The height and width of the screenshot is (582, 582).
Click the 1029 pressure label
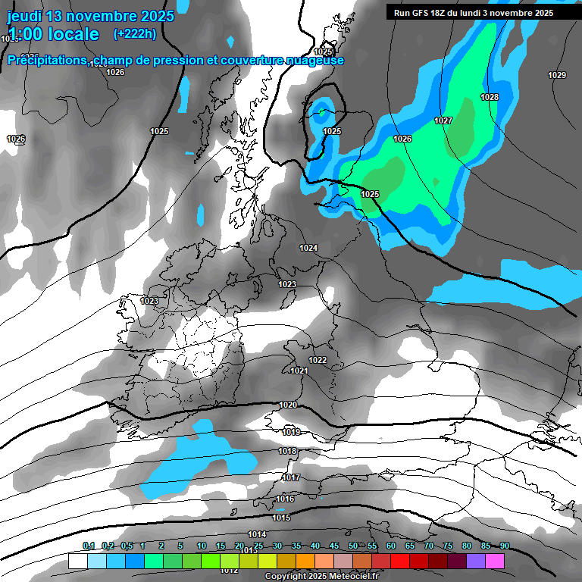557,75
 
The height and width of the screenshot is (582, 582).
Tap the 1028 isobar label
490,97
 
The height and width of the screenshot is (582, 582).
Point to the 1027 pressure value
443,121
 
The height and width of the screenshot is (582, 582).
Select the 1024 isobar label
308,249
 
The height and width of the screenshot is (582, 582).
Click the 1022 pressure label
318,360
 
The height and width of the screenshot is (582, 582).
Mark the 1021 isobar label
299,371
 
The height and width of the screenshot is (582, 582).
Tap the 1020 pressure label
288,405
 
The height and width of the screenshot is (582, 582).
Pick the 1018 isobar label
287,452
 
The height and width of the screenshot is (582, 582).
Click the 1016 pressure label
285,499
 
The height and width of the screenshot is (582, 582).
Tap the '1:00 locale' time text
53,34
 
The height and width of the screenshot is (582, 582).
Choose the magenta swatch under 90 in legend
495,561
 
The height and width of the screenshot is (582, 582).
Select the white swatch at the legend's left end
77,561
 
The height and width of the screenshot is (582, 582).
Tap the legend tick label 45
334,546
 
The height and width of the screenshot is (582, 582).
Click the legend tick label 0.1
89,546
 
